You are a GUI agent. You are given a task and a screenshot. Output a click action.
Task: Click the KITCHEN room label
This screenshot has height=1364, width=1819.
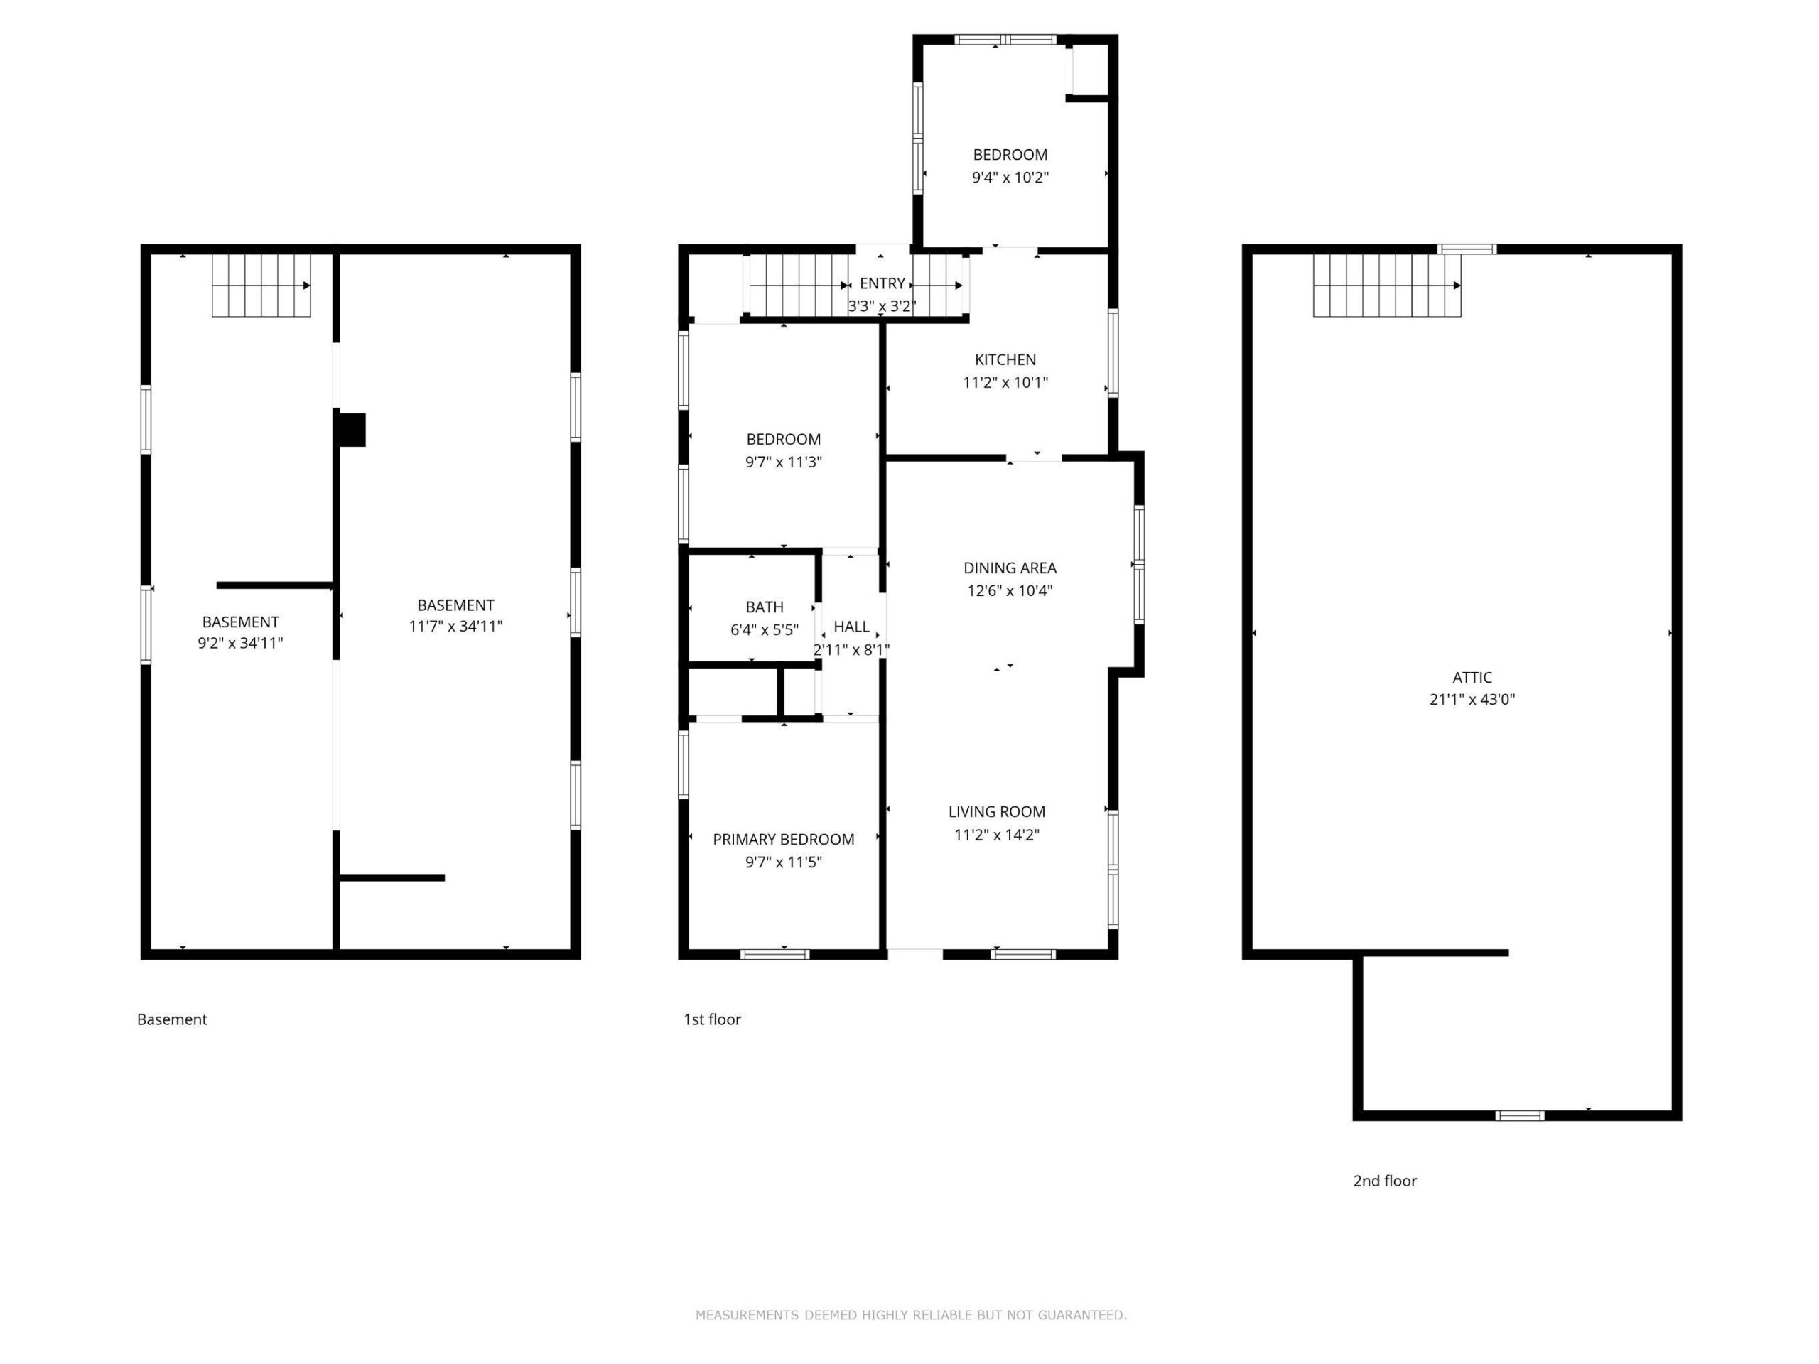pyautogui.click(x=1005, y=359)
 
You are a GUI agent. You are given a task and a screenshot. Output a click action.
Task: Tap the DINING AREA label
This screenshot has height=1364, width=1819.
pyautogui.click(x=1010, y=568)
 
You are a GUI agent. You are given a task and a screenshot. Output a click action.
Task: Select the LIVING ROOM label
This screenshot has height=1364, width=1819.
pyautogui.click(x=997, y=811)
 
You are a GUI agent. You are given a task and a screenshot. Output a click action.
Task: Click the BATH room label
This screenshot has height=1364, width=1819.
pyautogui.click(x=764, y=607)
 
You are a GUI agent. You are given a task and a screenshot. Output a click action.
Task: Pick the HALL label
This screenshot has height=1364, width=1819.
pyautogui.click(x=851, y=627)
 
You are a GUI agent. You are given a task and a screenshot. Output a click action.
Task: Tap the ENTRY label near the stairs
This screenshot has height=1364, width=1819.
pyautogui.click(x=882, y=283)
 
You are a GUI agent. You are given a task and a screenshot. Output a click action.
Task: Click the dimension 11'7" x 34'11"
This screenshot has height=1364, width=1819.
pyautogui.click(x=455, y=626)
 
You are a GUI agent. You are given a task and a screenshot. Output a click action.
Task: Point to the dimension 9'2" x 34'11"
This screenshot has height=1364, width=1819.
pyautogui.click(x=240, y=643)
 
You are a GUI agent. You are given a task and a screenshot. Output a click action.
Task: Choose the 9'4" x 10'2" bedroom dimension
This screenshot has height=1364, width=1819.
pyautogui.click(x=1010, y=177)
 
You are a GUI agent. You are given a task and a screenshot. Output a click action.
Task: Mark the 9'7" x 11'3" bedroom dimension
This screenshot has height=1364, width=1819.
pyautogui.click(x=783, y=462)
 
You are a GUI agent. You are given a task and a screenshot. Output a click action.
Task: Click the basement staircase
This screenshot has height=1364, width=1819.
pyautogui.click(x=261, y=286)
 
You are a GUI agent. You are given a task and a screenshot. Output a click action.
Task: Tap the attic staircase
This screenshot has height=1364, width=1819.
pyautogui.click(x=1386, y=286)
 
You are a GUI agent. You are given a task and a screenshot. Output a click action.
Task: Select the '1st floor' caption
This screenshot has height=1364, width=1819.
pyautogui.click(x=712, y=1019)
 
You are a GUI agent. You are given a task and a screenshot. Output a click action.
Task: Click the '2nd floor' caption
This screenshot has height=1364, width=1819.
pyautogui.click(x=1385, y=1181)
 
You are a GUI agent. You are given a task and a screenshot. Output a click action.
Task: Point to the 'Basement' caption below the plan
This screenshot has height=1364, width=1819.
pyautogui.click(x=172, y=1019)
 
